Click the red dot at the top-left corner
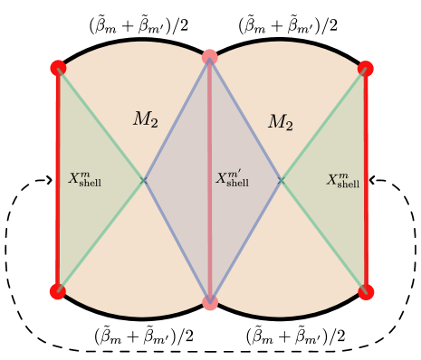58,68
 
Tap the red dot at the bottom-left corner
58,291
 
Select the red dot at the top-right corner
366,68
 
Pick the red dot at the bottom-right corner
366,291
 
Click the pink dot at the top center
210,57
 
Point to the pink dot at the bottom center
210,303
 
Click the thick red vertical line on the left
58,181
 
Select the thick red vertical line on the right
366,181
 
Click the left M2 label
146,119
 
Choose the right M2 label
281,122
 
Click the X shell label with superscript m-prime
232,178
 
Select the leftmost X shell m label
85,179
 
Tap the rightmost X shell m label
343,179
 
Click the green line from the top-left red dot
100,123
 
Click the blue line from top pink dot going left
177,118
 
